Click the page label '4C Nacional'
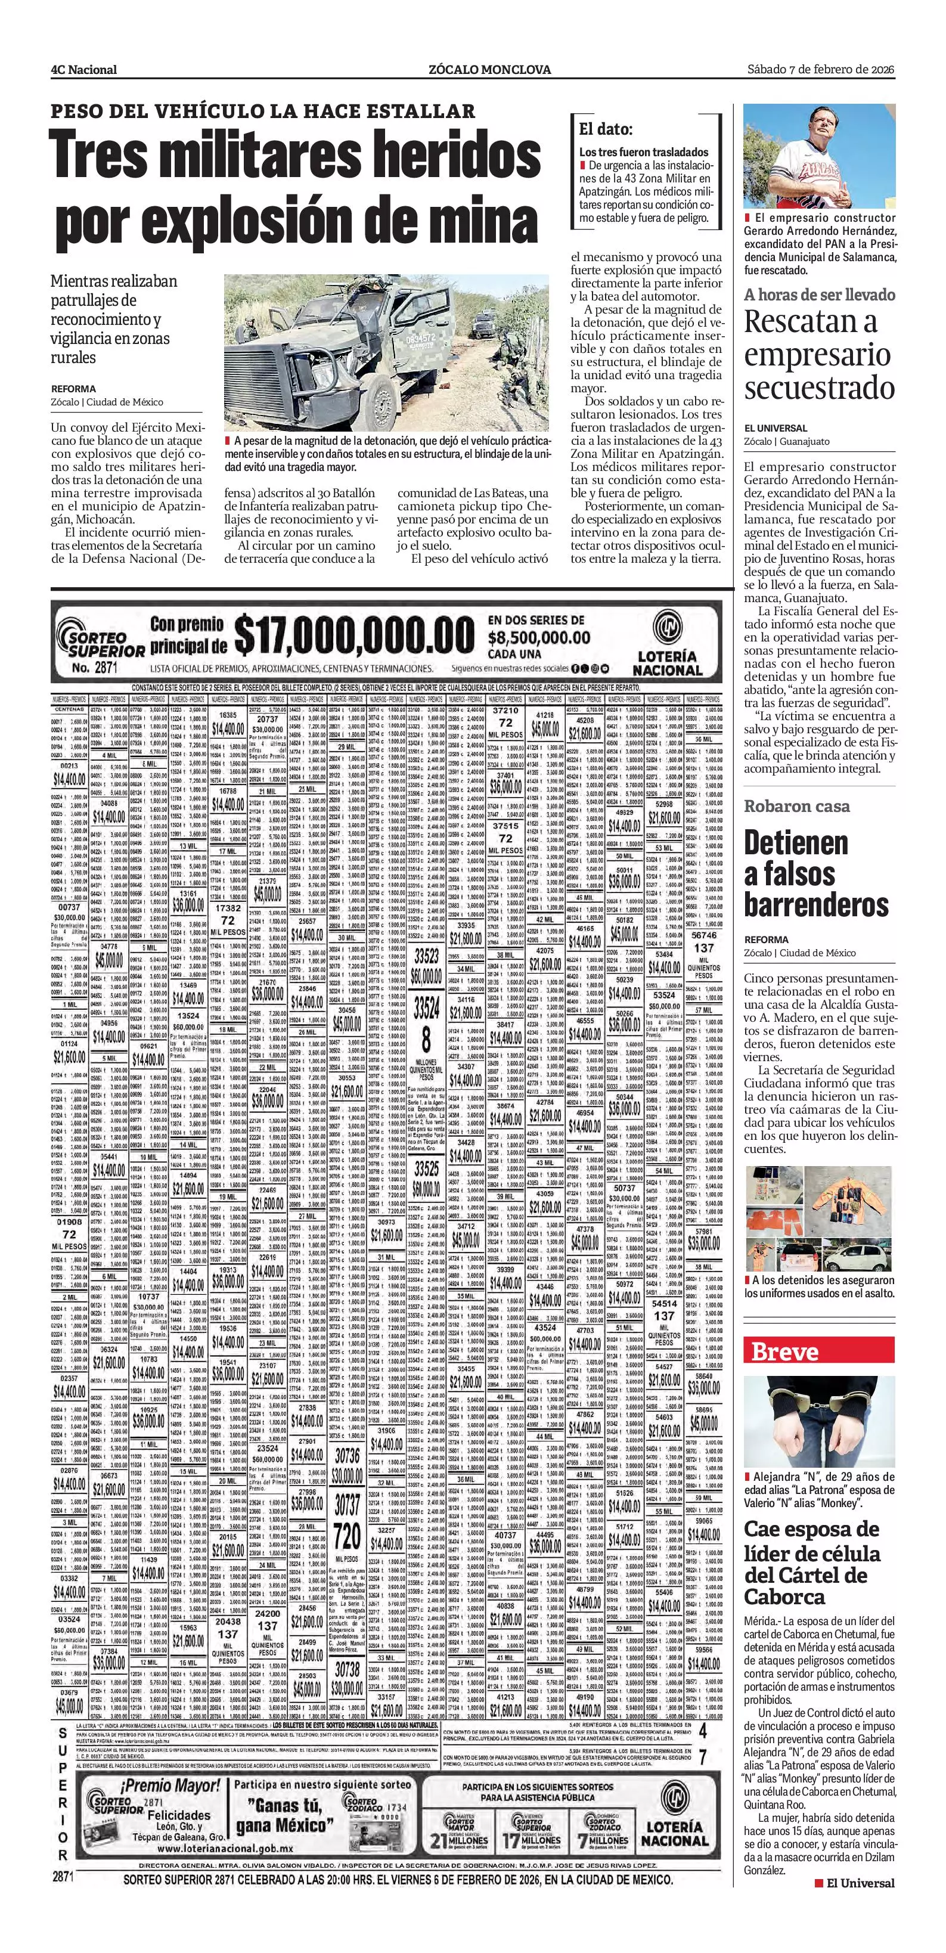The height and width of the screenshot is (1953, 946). (x=83, y=70)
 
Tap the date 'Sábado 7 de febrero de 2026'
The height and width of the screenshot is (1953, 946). (x=820, y=69)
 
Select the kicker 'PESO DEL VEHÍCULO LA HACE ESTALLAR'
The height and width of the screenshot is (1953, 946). (x=262, y=111)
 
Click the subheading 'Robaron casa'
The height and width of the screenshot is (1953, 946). (x=796, y=806)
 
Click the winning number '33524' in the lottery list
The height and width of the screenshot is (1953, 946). (x=426, y=1008)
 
